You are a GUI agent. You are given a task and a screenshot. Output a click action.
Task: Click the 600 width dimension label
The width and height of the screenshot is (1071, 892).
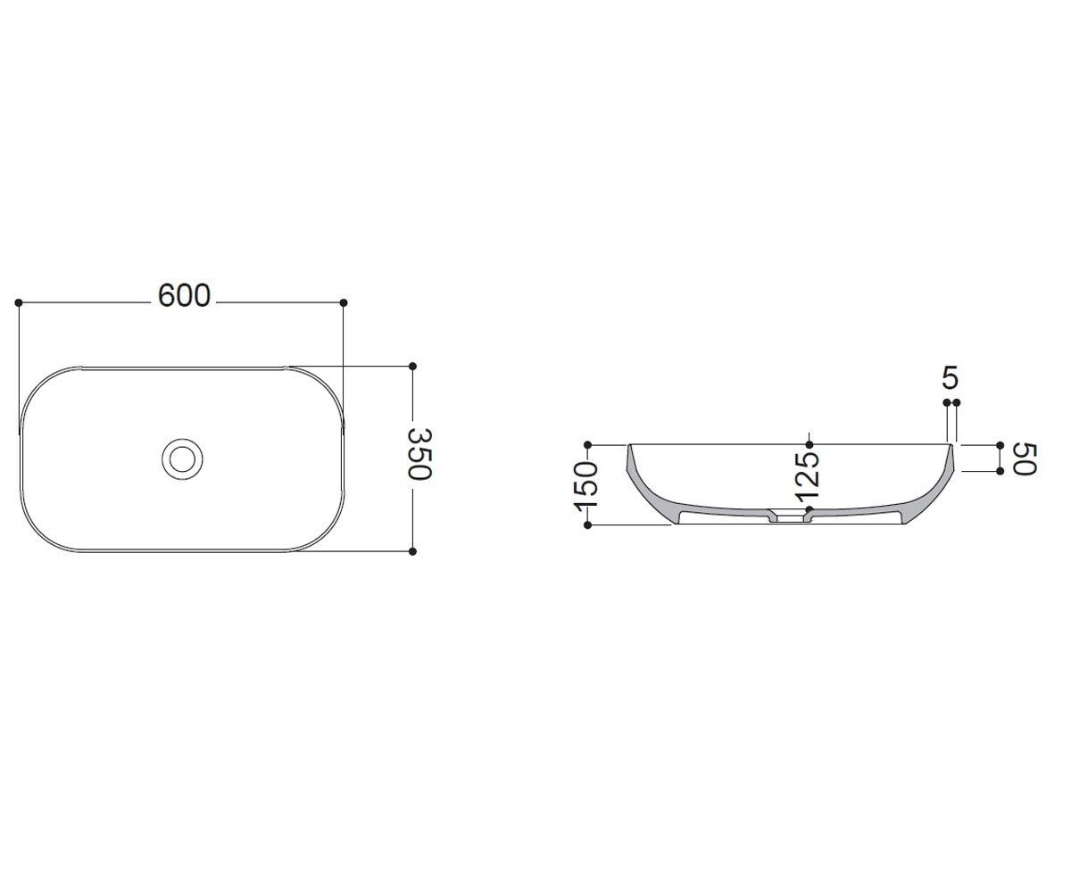[x=184, y=295]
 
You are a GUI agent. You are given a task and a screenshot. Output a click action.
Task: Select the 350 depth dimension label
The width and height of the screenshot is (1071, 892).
[x=420, y=454]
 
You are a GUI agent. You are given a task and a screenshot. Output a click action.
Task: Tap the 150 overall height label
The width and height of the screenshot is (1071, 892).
[x=585, y=486]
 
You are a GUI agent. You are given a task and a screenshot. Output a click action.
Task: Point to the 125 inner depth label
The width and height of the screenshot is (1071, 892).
[x=808, y=476]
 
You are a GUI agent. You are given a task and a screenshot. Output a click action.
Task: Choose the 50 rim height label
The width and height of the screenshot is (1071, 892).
[x=1025, y=459]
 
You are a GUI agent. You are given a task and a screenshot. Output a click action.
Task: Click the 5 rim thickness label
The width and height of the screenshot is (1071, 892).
[x=950, y=378]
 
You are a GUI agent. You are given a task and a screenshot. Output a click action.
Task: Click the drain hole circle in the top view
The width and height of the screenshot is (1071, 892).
[x=182, y=458]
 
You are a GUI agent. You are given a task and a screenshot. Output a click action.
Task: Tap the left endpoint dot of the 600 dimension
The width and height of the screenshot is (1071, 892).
[x=19, y=303]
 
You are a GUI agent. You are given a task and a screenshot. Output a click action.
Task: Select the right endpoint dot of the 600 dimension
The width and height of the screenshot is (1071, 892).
[x=344, y=303]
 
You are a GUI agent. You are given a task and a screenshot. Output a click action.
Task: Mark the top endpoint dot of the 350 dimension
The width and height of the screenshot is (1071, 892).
[x=412, y=366]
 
